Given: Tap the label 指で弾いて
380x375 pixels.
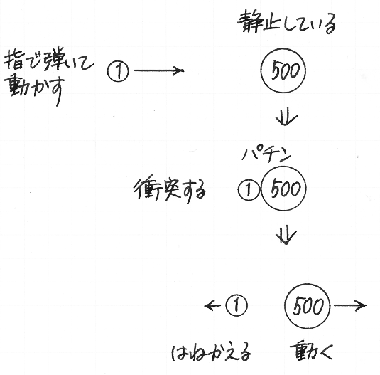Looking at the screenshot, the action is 48,60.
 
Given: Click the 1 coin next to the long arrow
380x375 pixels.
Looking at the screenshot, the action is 119,71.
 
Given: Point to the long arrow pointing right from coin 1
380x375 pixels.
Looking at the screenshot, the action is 158,70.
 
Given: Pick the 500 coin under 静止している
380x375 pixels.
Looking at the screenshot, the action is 283,70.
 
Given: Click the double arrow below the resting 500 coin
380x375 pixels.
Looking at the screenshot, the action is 286,117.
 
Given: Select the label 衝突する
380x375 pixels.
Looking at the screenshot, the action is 170,190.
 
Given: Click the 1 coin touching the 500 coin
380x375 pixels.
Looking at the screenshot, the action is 249,190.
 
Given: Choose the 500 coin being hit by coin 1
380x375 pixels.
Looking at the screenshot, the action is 283,189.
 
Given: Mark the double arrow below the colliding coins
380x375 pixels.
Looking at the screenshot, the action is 286,236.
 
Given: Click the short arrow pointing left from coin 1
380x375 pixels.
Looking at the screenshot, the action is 212,305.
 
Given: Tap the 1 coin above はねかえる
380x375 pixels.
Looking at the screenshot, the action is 237,305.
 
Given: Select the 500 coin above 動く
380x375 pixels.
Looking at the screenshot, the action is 308,306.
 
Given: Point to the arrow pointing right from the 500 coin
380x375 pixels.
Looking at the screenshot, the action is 350,305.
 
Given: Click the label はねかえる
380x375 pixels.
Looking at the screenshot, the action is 212,352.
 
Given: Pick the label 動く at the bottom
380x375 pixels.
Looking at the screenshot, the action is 311,351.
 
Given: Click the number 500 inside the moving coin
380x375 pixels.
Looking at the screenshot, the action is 308,306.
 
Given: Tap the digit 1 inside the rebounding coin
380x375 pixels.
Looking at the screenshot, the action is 237,305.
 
